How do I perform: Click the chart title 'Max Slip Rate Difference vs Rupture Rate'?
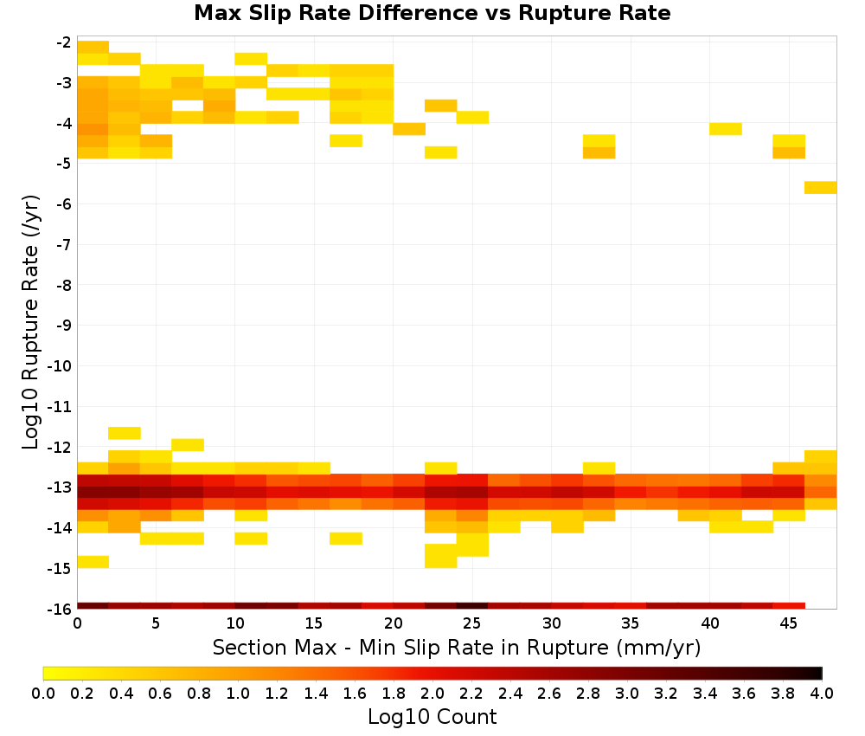click(x=432, y=13)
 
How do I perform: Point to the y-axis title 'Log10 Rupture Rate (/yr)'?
click(x=30, y=322)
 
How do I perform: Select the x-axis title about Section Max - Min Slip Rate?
click(x=456, y=647)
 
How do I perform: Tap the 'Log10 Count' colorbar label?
click(x=432, y=717)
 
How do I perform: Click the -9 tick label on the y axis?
click(x=63, y=326)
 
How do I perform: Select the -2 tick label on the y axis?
click(x=63, y=42)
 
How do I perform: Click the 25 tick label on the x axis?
click(x=472, y=623)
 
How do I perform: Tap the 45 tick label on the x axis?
click(x=788, y=623)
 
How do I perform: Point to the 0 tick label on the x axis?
click(x=77, y=623)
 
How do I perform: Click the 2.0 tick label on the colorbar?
click(x=432, y=693)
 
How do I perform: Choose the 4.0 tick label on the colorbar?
click(x=822, y=693)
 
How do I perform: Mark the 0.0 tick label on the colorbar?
click(x=43, y=693)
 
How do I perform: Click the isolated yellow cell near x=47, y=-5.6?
click(x=820, y=187)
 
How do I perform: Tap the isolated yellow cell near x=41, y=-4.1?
click(x=726, y=129)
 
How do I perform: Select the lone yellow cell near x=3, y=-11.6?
click(x=124, y=433)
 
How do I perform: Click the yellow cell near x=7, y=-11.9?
click(x=188, y=444)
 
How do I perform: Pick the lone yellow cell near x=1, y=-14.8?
click(x=93, y=562)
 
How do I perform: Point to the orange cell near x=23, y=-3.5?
click(x=441, y=106)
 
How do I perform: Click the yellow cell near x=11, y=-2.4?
click(x=251, y=59)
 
